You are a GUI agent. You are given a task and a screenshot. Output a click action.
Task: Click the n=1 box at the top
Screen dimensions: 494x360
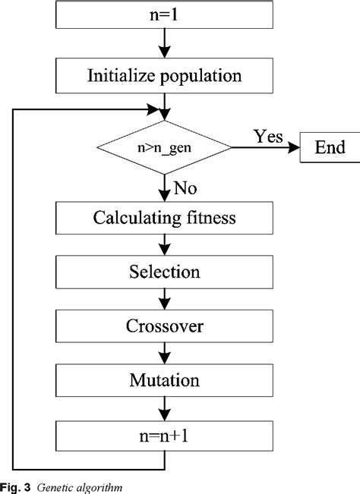[164, 14]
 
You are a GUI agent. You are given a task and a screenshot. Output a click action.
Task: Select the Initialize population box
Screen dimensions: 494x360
[164, 76]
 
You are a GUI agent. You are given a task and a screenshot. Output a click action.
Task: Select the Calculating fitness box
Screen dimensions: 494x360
[164, 219]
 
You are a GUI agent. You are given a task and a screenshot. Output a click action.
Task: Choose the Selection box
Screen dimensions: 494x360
[164, 272]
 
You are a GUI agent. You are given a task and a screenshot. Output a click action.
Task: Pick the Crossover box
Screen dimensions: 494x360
[164, 326]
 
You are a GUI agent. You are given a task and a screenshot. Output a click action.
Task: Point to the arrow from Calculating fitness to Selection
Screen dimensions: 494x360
[164, 245]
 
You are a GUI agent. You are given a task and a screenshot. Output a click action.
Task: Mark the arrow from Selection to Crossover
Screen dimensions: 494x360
[164, 298]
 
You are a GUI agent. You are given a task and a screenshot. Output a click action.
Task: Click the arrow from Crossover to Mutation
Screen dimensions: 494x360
[164, 352]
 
